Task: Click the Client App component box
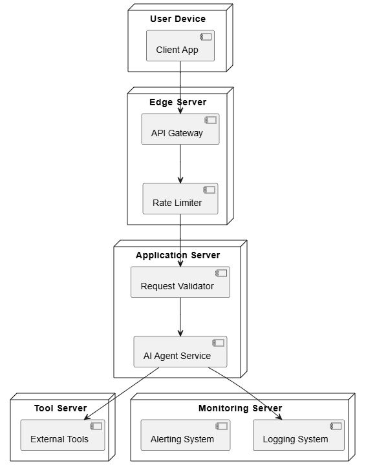click(x=180, y=45)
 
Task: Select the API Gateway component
click(x=180, y=129)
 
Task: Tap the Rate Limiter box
click(x=180, y=199)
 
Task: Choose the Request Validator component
click(x=180, y=282)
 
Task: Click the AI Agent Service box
click(x=180, y=352)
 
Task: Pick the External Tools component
click(x=63, y=435)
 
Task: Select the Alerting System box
click(x=186, y=435)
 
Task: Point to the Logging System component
click(x=299, y=435)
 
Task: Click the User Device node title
click(x=178, y=19)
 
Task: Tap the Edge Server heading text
click(x=178, y=102)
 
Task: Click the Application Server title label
click(x=178, y=255)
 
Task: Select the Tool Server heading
click(x=61, y=408)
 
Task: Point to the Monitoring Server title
click(x=241, y=408)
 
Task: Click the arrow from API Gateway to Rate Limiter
click(x=180, y=164)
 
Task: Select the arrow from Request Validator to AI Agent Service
click(x=180, y=317)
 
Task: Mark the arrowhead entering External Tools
click(x=87, y=417)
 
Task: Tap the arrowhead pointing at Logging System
click(x=279, y=417)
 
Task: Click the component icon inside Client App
click(x=206, y=37)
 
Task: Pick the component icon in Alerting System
click(x=221, y=426)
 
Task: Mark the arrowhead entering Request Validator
click(x=180, y=263)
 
